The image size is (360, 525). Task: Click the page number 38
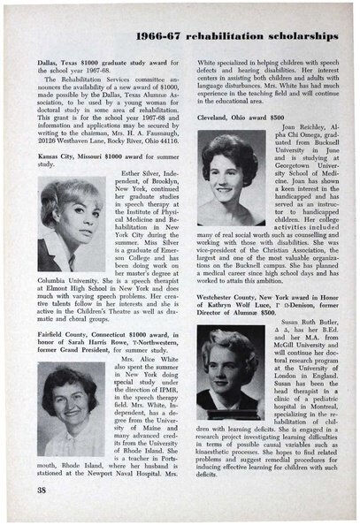pyautogui.click(x=42, y=488)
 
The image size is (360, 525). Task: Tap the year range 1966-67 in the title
pyautogui.click(x=168, y=36)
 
